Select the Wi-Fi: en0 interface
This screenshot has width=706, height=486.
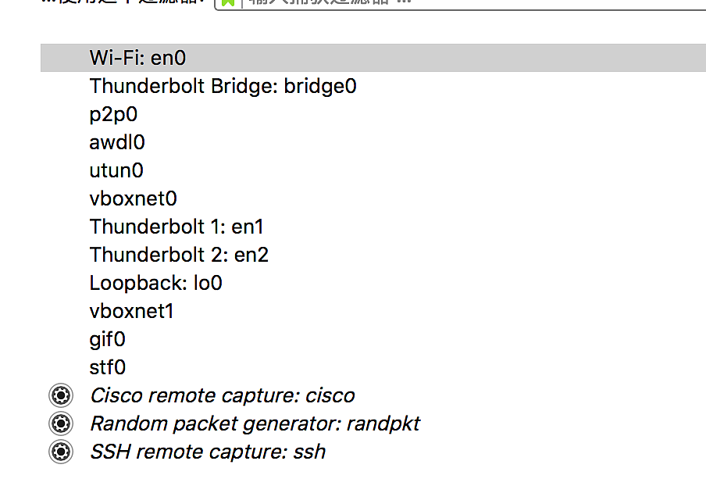tap(138, 58)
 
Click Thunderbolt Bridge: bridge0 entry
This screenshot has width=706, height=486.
tap(223, 86)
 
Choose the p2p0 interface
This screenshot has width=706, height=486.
tap(113, 114)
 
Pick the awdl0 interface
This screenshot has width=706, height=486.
tap(117, 142)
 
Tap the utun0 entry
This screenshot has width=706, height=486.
tap(116, 170)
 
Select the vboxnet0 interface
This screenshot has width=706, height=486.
tap(133, 198)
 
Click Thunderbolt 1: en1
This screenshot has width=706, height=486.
tap(176, 227)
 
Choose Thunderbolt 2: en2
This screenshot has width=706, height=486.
tap(179, 255)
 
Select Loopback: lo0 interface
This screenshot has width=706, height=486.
tap(155, 283)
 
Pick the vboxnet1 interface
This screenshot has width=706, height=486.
tap(131, 311)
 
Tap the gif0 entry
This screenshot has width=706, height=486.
tap(107, 339)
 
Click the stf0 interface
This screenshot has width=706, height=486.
tap(107, 367)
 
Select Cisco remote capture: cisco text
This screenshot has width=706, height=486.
tap(223, 395)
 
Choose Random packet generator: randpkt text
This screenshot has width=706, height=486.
tap(255, 423)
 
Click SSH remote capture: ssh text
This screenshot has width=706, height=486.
tap(208, 452)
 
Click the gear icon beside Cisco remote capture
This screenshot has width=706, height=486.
tap(60, 395)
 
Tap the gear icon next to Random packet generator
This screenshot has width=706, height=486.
tap(60, 423)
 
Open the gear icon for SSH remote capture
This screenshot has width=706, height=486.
tap(60, 452)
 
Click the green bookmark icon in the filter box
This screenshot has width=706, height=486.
tap(227, 2)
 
